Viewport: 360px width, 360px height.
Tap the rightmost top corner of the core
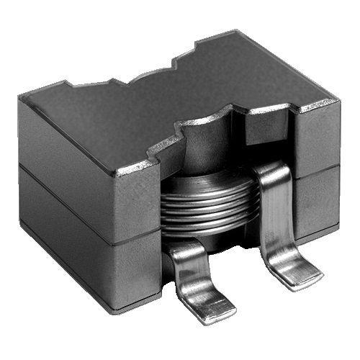[337, 101]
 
